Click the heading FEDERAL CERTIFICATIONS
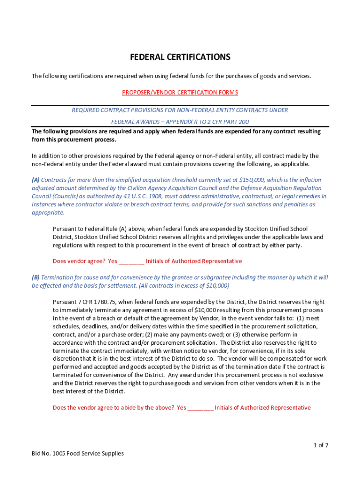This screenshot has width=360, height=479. click(x=180, y=57)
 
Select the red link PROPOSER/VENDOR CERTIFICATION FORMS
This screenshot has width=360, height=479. click(x=180, y=93)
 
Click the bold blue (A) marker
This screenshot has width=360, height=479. click(x=36, y=180)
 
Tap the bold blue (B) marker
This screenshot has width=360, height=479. click(x=36, y=277)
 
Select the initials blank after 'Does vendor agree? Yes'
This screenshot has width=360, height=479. click(x=132, y=261)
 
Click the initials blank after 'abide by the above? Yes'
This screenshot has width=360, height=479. click(x=201, y=407)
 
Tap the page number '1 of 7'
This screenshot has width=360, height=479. click(x=321, y=445)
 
